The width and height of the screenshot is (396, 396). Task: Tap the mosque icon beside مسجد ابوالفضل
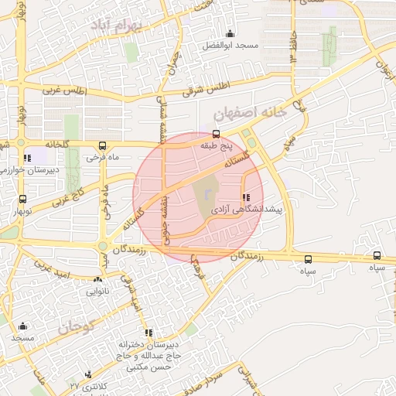click(x=230, y=33)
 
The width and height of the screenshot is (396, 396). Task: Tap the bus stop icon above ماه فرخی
click(x=103, y=145)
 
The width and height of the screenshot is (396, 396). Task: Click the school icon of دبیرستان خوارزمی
click(x=28, y=158)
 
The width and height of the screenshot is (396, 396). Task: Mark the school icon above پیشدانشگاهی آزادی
click(x=247, y=197)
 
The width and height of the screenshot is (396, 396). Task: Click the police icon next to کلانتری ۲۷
click(x=87, y=374)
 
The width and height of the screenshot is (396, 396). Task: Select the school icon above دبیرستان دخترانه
click(x=148, y=333)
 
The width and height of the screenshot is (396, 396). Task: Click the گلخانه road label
click(x=40, y=144)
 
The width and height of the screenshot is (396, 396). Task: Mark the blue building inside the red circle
click(x=208, y=188)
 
